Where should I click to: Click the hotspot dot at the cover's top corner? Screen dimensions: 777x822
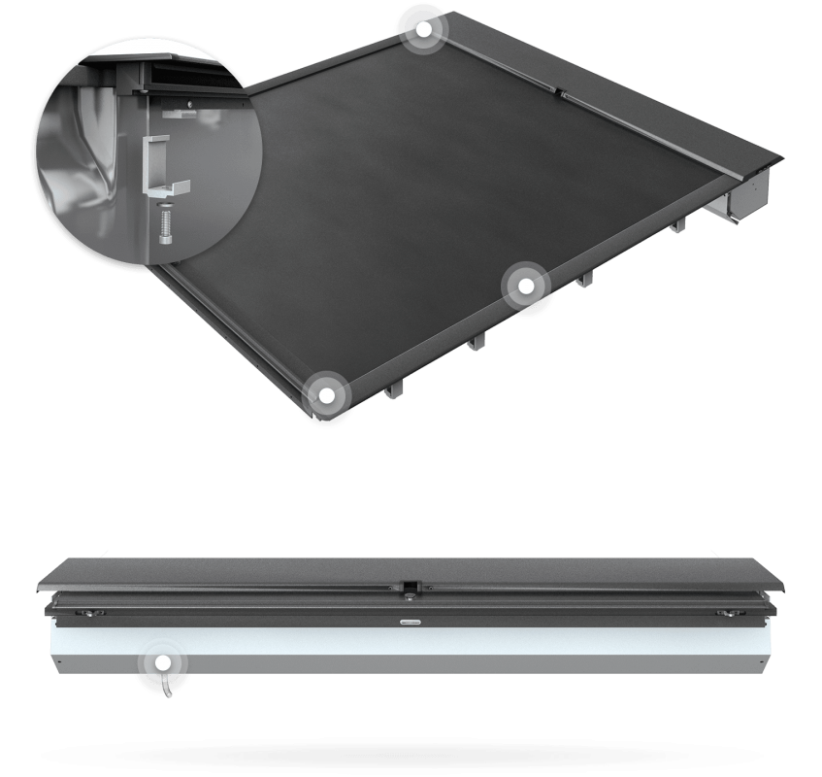click(x=423, y=29)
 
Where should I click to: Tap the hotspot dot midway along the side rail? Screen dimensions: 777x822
click(x=526, y=287)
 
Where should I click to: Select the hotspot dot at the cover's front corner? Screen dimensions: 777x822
click(x=327, y=395)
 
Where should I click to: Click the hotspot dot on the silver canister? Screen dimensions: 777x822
click(x=163, y=663)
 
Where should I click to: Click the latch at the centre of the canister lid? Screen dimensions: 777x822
click(x=411, y=586)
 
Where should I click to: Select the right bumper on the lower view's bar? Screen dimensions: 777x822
click(x=724, y=613)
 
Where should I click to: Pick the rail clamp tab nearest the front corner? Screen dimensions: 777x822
click(x=390, y=389)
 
